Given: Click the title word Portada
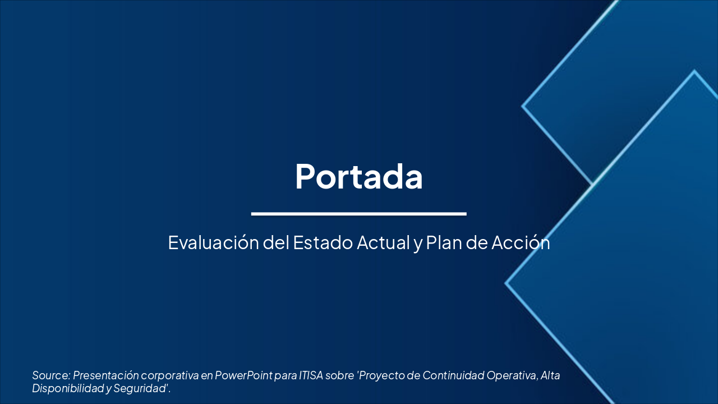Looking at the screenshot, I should coord(358,176).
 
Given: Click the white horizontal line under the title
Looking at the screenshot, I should coord(358,214).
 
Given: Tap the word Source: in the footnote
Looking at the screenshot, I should coord(51,375).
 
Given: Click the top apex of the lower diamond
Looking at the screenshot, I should coord(694,71).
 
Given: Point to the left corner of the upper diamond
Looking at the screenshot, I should coord(523,105).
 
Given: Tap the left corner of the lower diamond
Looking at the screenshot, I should coord(506,283).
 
